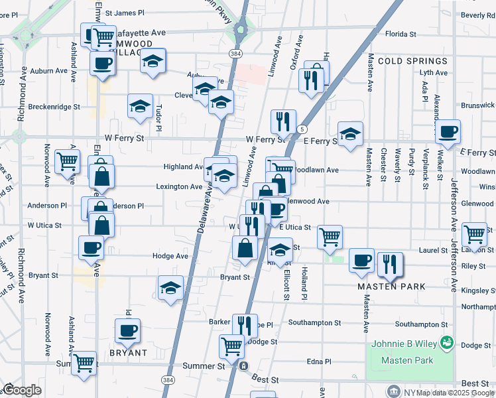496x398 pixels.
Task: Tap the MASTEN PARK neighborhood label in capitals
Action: pyautogui.click(x=391, y=287)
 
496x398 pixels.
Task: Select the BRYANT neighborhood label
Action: pyautogui.click(x=127, y=353)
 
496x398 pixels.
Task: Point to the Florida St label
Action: pyautogui.click(x=405, y=33)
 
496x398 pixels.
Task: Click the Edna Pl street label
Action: pyautogui.click(x=318, y=362)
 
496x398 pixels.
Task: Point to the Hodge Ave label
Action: pyautogui.click(x=170, y=256)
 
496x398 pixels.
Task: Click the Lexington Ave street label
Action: pyautogui.click(x=179, y=187)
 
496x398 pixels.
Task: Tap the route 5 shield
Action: pyautogui.click(x=302, y=129)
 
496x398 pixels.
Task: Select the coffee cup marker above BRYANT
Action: pyautogui.click(x=127, y=330)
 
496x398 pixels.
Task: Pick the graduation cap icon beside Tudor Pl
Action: pyautogui.click(x=140, y=107)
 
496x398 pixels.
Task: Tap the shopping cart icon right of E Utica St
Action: pyautogui.click(x=330, y=236)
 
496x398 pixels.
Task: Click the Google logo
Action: pyautogui.click(x=22, y=390)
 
